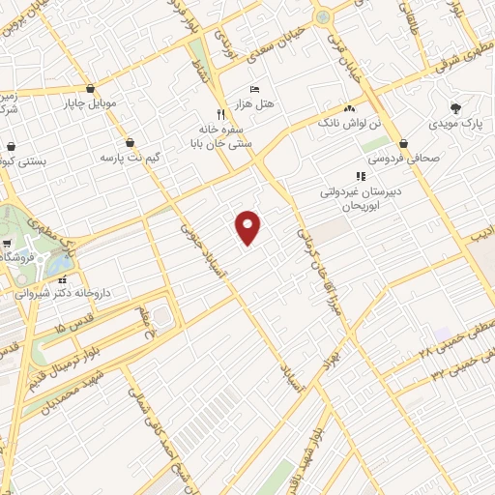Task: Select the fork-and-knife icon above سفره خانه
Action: pyautogui.click(x=221, y=113)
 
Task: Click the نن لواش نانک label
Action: pyautogui.click(x=350, y=123)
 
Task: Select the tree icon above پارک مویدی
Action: pyautogui.click(x=455, y=108)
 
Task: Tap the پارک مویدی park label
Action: pyautogui.click(x=455, y=124)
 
